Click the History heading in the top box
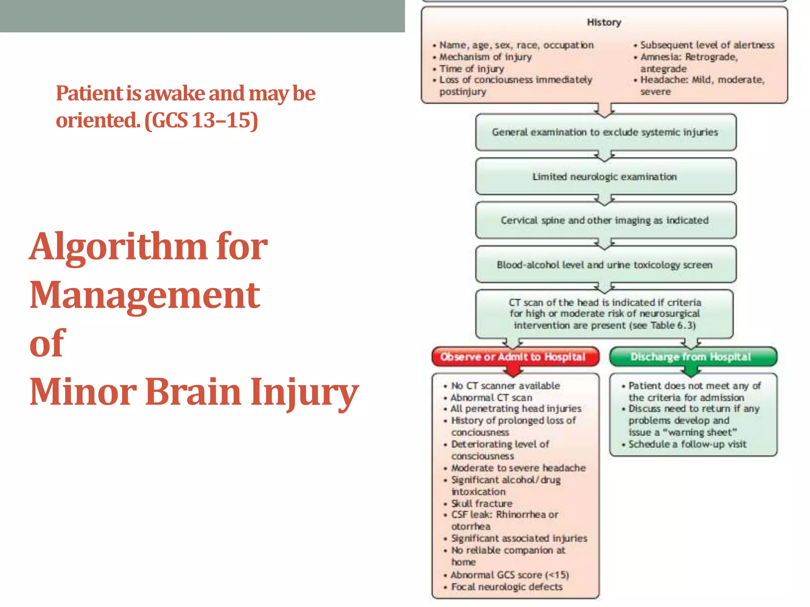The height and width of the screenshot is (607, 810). coord(604,23)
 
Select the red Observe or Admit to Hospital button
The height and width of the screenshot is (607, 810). coord(513,357)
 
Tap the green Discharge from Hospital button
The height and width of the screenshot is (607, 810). coord(691,357)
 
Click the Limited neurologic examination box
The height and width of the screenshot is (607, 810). coord(605,177)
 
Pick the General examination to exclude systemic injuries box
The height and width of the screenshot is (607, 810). coord(605,132)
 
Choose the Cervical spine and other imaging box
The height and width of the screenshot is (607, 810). coord(605,221)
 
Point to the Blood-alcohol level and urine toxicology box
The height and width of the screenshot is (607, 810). coord(605,265)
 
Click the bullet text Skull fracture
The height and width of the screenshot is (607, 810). coord(482,503)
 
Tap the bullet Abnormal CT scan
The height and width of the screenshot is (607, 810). coord(492,398)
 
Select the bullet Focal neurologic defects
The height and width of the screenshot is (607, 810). coord(507,587)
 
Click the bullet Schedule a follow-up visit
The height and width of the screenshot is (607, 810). coord(687,444)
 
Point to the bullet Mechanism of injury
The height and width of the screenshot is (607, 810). coord(486,57)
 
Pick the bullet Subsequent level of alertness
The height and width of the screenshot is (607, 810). coord(707,45)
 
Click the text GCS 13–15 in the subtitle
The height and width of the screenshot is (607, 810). coord(202,121)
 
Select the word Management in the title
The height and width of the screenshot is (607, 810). coord(145,295)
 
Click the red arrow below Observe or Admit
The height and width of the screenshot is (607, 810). coord(513,371)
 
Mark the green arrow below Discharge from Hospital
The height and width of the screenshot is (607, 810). coord(691,371)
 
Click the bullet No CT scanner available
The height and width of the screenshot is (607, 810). coord(505,386)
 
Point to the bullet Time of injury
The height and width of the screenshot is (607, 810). coord(472,69)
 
